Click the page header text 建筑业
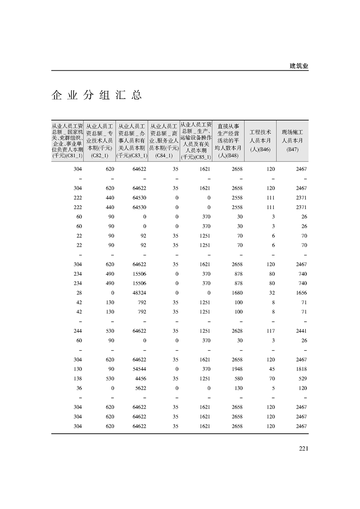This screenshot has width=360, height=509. (299, 66)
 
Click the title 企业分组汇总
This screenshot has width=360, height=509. (97, 95)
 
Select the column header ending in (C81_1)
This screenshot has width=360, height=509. (67, 141)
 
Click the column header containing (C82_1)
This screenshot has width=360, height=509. (99, 141)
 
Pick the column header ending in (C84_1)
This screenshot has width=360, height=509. (164, 141)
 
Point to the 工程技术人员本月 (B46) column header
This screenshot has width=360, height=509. (260, 141)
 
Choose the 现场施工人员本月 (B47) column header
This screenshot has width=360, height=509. (292, 141)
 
